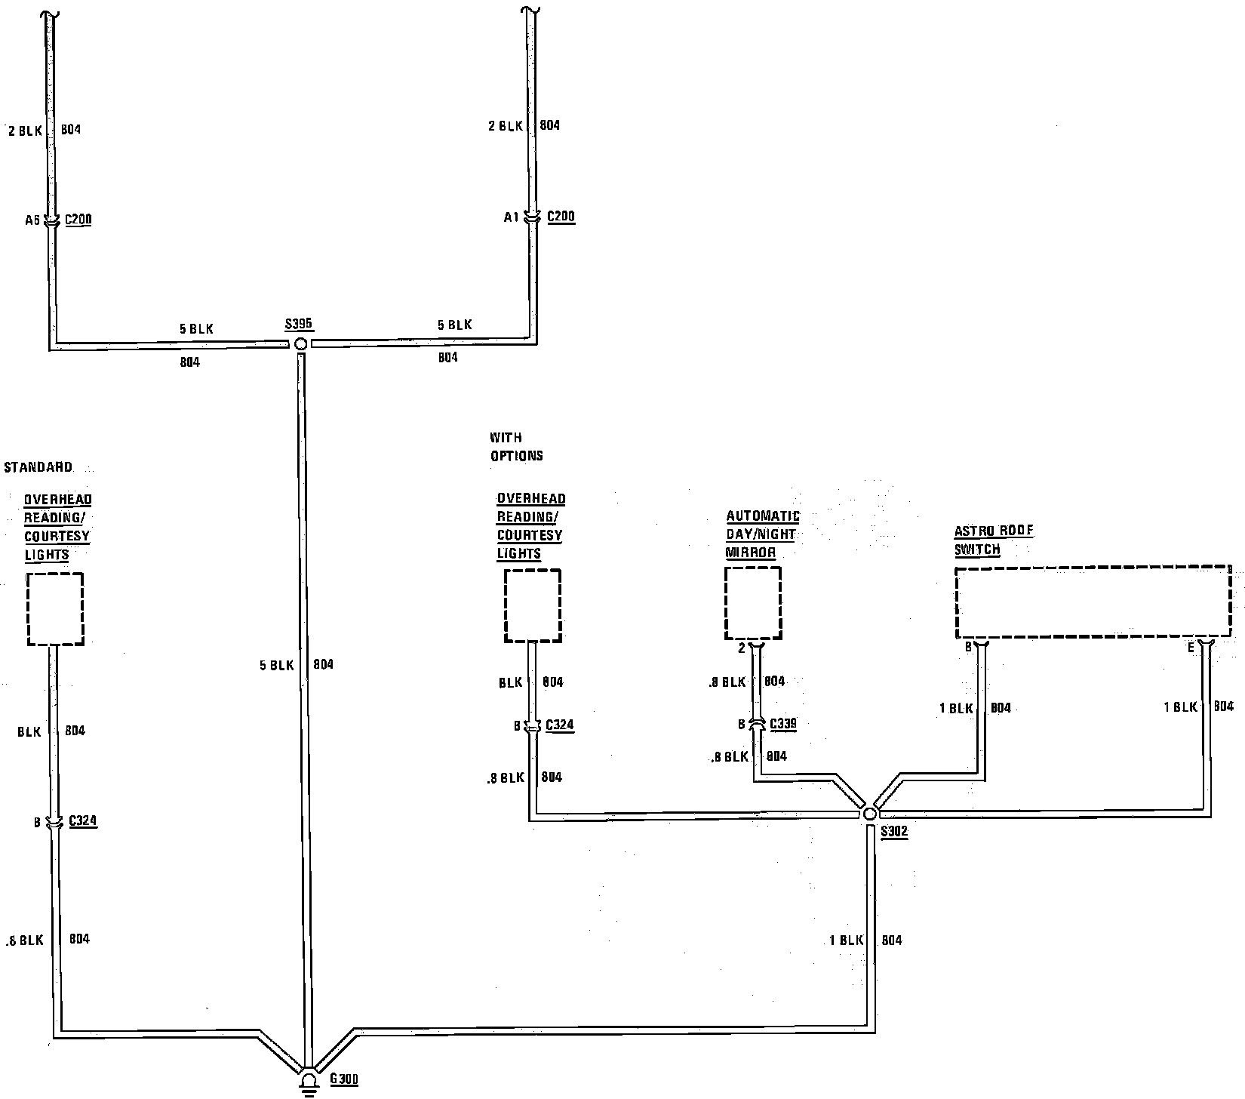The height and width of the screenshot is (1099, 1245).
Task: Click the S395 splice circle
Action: (300, 343)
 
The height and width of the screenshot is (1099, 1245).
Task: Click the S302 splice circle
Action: (869, 814)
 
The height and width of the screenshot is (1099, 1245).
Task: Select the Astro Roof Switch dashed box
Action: (1093, 602)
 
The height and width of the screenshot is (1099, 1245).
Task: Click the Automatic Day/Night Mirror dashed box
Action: (753, 603)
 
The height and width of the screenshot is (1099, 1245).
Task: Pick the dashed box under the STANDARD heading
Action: (55, 608)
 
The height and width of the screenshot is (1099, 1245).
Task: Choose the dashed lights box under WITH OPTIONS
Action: (533, 605)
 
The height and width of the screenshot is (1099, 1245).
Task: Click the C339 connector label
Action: (782, 724)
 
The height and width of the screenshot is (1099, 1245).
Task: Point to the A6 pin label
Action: (32, 220)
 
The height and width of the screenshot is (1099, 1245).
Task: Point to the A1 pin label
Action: (512, 217)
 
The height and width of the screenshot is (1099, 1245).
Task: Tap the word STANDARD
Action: (38, 467)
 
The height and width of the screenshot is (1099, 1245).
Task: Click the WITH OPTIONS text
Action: (516, 447)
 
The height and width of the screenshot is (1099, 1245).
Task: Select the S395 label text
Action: (299, 325)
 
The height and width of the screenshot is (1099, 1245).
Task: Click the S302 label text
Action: (894, 832)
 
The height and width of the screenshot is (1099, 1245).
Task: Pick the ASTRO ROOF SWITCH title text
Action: (994, 540)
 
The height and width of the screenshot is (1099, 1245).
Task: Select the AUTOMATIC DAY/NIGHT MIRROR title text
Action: (762, 534)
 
